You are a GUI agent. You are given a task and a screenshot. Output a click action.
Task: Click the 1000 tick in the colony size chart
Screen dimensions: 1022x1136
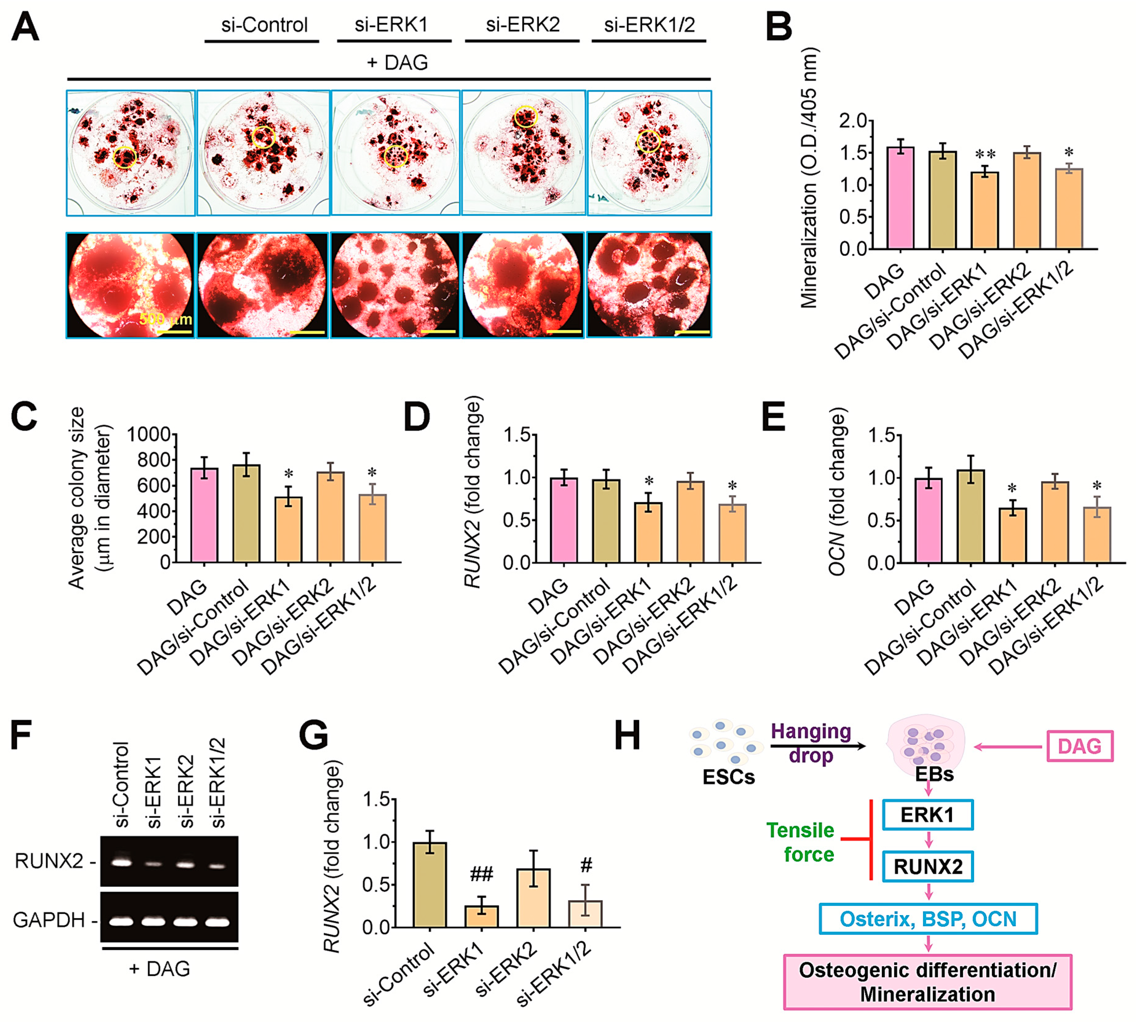pos(149,434)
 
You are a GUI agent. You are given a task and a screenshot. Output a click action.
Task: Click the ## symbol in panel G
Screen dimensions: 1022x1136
pos(481,874)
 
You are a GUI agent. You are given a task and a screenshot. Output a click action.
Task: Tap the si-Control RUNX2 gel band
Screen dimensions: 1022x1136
pos(121,862)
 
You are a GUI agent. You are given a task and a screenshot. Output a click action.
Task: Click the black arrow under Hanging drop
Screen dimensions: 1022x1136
pos(817,746)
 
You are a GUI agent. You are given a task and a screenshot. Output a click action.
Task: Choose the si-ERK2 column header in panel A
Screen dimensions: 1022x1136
pos(522,25)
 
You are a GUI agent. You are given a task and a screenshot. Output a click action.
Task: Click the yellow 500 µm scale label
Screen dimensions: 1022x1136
pos(166,320)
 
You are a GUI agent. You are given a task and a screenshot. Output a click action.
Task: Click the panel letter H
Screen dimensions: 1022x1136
pos(627,736)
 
